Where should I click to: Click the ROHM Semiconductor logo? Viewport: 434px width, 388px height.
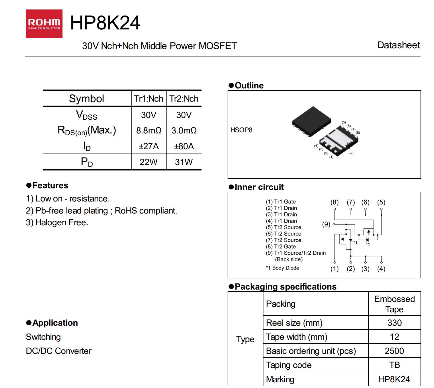pos(44,24)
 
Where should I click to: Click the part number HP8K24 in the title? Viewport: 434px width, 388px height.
pos(105,23)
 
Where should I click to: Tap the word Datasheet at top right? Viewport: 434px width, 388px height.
pos(398,45)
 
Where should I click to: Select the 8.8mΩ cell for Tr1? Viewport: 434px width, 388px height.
pos(149,131)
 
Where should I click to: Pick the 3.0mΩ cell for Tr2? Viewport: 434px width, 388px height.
pos(184,131)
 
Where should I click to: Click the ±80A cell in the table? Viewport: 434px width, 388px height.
pos(184,146)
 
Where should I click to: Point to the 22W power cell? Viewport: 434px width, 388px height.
pos(149,162)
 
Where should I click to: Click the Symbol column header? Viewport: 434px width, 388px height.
pos(87,99)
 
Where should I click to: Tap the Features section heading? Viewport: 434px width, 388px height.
pos(50,185)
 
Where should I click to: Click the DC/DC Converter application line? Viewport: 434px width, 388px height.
pos(59,351)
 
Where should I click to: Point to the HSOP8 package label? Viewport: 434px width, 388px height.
pos(241,130)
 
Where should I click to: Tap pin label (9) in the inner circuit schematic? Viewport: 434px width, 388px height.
pos(326,224)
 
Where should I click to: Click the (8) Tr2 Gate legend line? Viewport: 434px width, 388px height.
pos(281,247)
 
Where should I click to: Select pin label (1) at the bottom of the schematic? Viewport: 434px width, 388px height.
pos(335,269)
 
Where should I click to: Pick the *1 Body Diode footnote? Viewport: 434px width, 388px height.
pos(283,268)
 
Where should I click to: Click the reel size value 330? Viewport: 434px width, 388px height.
pos(394,323)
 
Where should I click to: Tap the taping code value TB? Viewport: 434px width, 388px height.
pos(394,365)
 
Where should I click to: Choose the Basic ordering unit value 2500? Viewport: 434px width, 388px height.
pos(394,351)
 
